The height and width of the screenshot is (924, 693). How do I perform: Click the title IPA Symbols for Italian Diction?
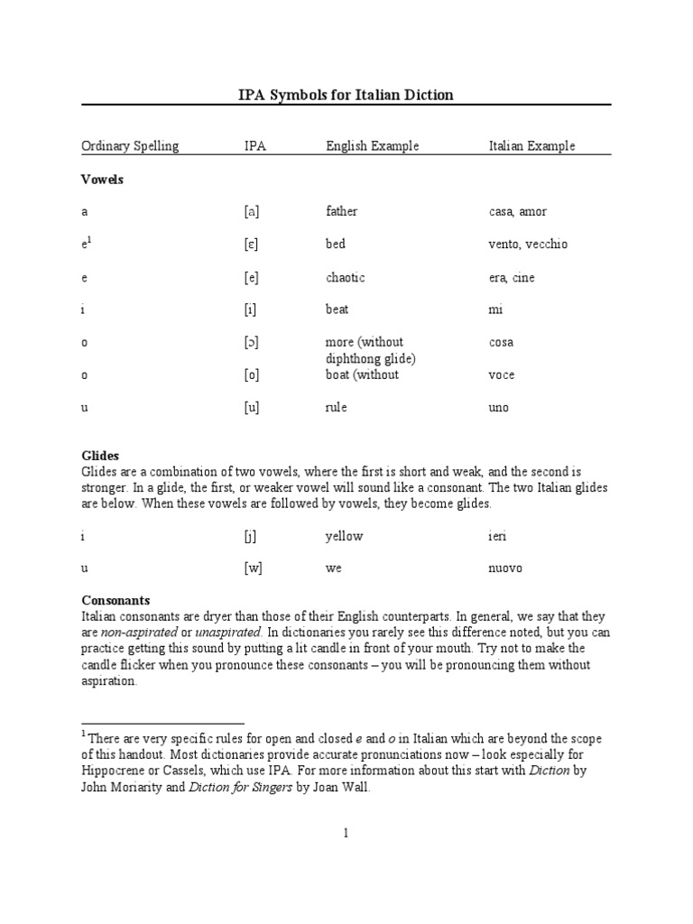346,95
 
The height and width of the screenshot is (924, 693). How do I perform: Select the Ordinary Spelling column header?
130,146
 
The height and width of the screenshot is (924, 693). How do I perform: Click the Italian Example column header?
531,146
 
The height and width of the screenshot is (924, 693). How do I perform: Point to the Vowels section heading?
102,180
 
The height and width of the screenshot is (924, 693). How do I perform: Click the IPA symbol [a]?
252,212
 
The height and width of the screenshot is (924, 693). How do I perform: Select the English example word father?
341,212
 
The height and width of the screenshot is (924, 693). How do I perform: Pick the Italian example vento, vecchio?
528,245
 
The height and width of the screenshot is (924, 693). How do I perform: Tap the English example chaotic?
345,278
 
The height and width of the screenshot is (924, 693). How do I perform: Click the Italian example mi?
495,310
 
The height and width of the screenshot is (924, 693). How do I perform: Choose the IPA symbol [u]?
252,408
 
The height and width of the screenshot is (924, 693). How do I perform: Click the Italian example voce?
502,375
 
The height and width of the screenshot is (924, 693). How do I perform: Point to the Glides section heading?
100,456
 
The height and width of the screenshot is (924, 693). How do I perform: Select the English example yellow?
344,536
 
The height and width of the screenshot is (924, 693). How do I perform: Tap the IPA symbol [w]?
254,568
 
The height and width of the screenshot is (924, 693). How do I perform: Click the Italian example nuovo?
505,568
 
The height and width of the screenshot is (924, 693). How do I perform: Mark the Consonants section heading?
115,600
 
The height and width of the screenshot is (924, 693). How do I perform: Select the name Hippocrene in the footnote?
114,772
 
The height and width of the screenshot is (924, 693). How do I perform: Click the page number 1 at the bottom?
346,834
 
